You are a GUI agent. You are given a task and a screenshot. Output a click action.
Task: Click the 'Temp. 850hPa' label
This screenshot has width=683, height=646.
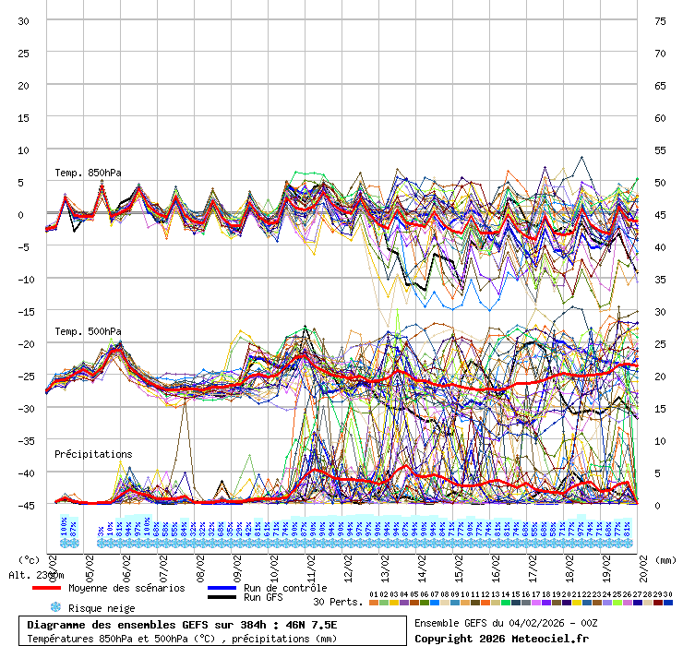tap(88, 173)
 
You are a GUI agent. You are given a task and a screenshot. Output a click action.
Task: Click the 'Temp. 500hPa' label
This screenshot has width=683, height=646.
tap(88, 331)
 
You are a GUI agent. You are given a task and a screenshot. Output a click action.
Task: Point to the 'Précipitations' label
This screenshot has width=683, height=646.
tap(93, 454)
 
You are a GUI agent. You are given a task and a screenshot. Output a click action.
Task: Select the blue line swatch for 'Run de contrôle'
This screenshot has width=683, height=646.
tap(222, 588)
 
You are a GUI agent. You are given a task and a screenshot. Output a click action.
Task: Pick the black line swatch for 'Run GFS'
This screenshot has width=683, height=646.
tap(222, 598)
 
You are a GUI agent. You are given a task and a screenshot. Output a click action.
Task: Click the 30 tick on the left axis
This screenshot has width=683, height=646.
tap(24, 20)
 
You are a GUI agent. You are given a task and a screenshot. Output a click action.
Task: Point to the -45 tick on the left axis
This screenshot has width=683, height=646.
tap(21, 505)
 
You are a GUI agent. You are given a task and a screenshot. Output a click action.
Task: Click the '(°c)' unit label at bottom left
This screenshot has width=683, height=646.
tap(29, 559)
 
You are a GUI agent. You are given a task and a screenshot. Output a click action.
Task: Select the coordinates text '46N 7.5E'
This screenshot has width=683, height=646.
tap(311, 625)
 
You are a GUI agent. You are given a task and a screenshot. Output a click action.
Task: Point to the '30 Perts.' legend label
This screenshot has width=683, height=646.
tap(338, 602)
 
